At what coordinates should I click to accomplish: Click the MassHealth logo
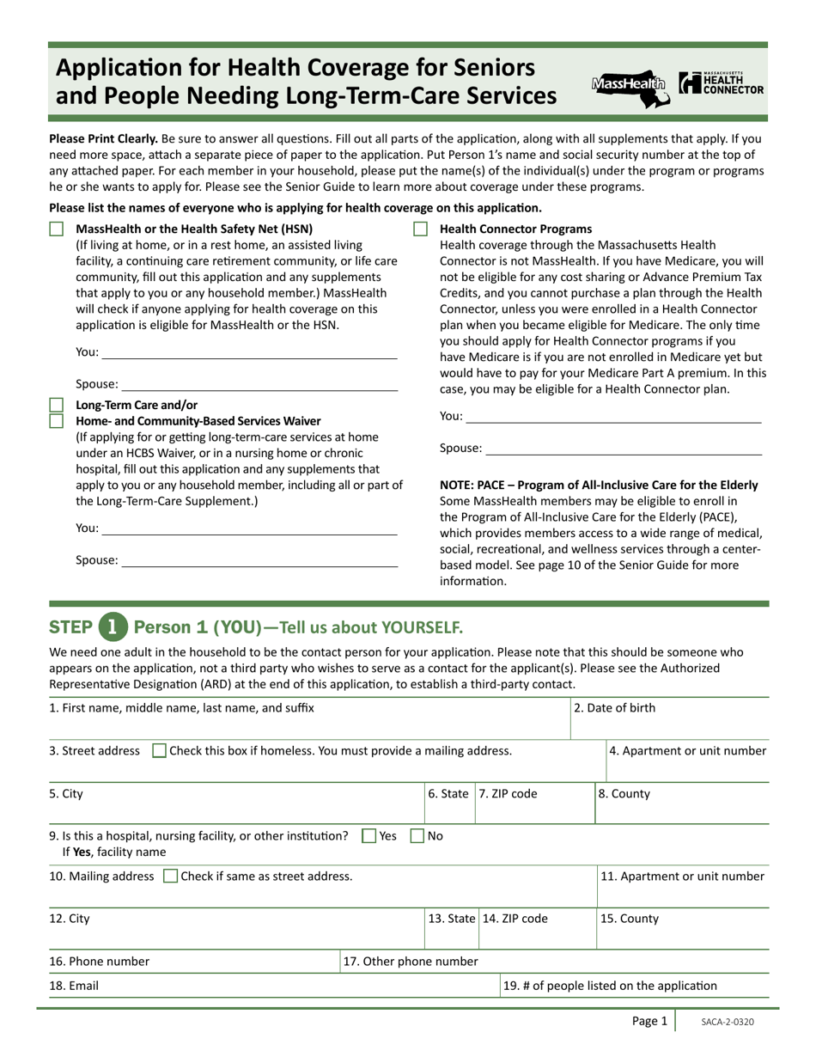[630, 87]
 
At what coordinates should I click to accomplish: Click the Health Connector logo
[721, 83]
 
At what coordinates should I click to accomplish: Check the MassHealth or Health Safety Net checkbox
[57, 229]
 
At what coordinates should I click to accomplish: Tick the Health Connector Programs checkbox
[420, 229]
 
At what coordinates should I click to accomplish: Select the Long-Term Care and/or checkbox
[57, 405]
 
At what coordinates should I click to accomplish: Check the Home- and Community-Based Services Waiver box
[57, 421]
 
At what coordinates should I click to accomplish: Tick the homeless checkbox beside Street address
[159, 751]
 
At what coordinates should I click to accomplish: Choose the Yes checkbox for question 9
[369, 835]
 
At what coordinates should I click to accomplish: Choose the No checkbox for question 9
[417, 835]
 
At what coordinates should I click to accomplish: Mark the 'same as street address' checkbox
[170, 877]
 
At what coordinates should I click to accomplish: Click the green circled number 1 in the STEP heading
[113, 626]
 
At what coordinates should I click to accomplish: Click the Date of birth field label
[614, 708]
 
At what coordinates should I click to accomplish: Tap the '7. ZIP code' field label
[508, 794]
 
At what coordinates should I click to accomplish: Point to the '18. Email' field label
[74, 987]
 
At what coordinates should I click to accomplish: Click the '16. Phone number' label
[99, 962]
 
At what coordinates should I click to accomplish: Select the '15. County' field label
[630, 919]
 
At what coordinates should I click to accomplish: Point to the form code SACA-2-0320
[728, 1022]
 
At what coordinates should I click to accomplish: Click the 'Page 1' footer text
[649, 1021]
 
